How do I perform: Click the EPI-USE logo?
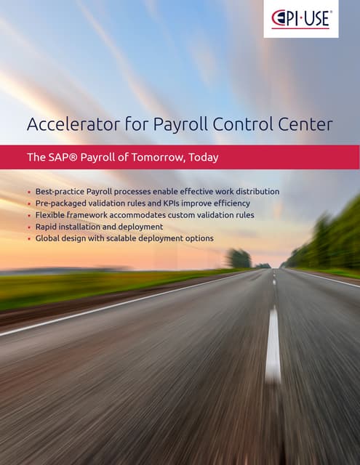(300, 19)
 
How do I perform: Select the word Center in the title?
(303, 124)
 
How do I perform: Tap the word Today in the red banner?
(204, 157)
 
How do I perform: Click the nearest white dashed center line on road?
(273, 345)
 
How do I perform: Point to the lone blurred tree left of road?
(238, 259)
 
